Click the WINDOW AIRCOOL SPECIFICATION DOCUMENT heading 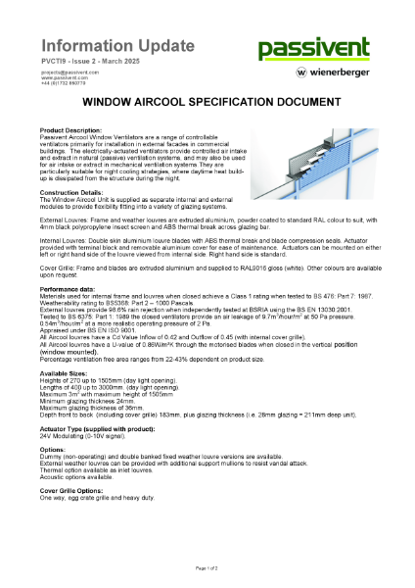[x=207, y=101]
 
